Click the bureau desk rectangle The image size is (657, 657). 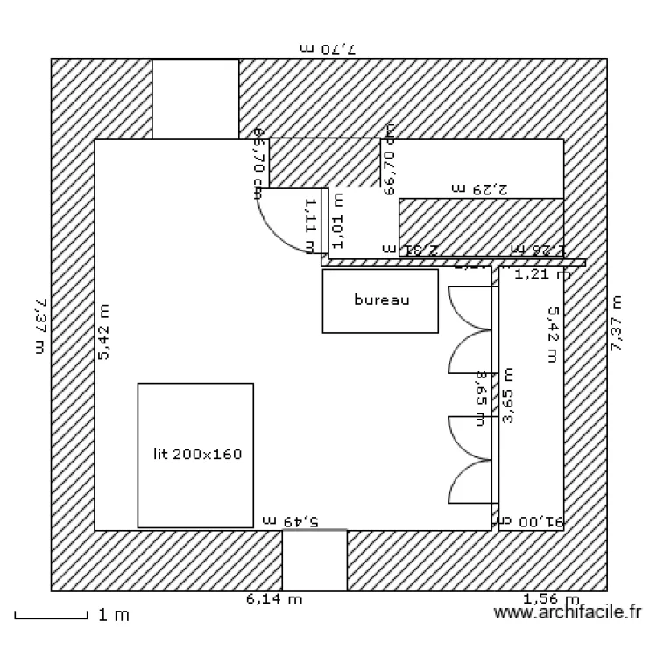click(380, 300)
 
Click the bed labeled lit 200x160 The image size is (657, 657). click(195, 455)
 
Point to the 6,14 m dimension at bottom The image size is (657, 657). click(274, 600)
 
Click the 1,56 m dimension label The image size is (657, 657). click(551, 600)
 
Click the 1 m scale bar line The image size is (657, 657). click(52, 617)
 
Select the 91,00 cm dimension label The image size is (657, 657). click(533, 520)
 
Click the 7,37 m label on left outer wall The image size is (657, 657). click(39, 325)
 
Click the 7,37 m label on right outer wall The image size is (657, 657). click(617, 323)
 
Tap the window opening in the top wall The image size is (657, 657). click(195, 99)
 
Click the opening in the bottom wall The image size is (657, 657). click(314, 560)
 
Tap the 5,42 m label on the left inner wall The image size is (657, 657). click(104, 332)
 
